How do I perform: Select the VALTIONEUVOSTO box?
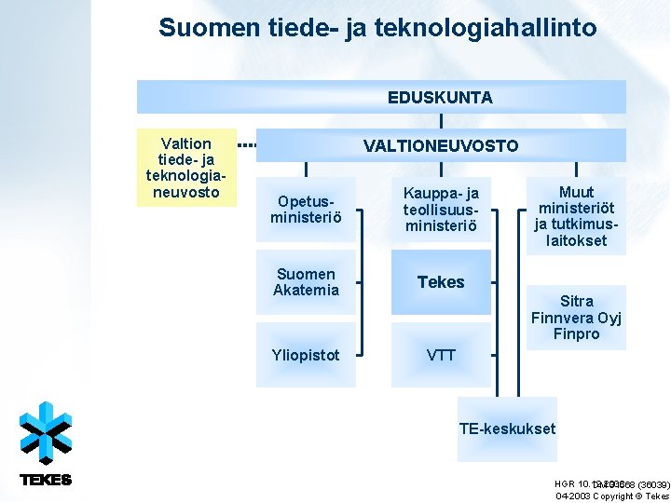(x=440, y=145)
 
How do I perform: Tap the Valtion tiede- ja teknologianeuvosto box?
(x=185, y=168)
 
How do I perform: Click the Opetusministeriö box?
(x=306, y=210)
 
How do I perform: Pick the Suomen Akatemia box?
(x=306, y=282)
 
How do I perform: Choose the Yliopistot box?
(x=306, y=355)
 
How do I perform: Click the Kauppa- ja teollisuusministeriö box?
(x=440, y=210)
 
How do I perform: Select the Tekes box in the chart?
(x=440, y=282)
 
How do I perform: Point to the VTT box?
(x=440, y=355)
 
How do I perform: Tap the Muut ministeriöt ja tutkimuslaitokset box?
(x=576, y=217)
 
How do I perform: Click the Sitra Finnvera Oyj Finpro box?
(x=576, y=318)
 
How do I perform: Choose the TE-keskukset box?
(x=507, y=429)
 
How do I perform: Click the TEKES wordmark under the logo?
(x=46, y=480)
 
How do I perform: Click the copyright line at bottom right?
(x=610, y=496)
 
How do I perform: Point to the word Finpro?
(x=576, y=333)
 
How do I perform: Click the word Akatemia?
(x=306, y=291)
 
